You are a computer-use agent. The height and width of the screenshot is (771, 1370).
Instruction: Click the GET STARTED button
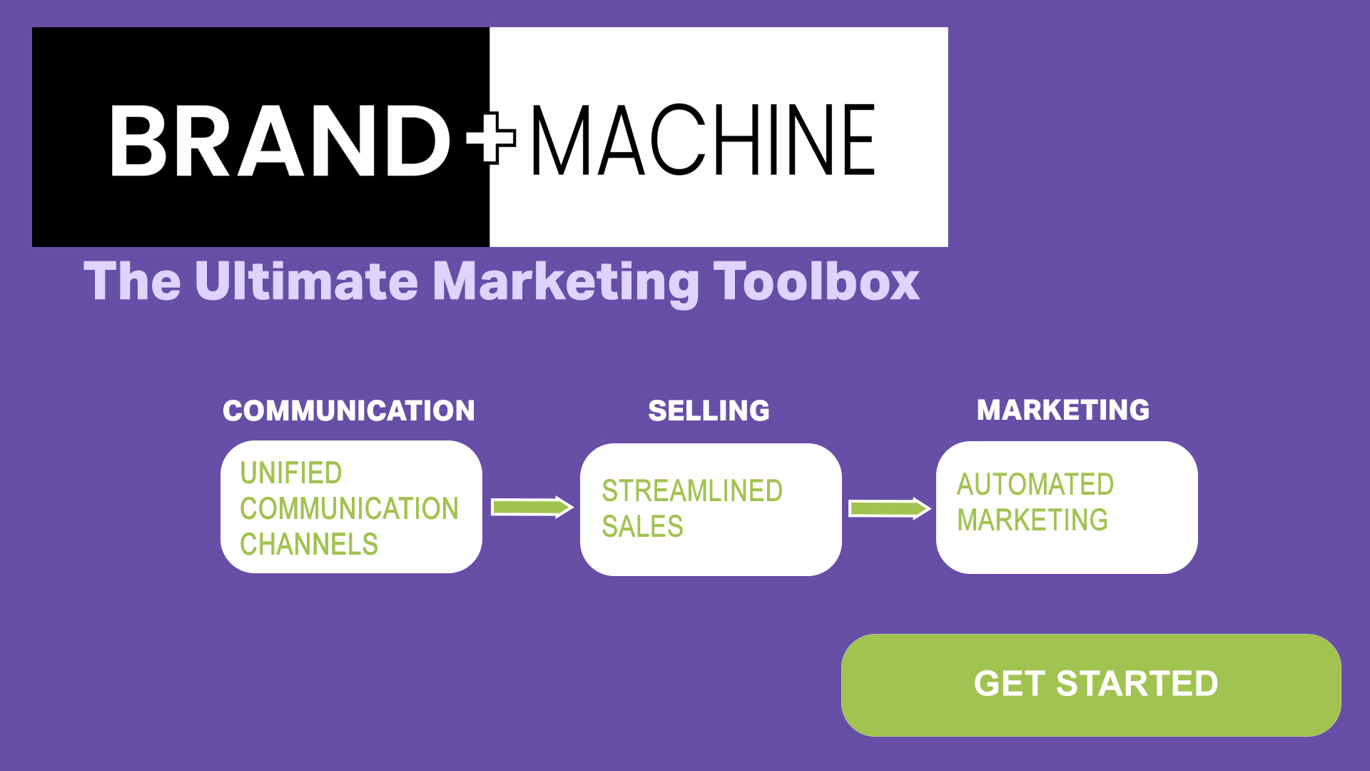(1091, 685)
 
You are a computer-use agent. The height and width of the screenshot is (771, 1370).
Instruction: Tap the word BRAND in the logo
(280, 141)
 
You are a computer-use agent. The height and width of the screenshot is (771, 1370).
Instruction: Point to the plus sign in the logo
(491, 138)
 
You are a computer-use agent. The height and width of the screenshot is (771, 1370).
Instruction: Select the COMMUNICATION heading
(349, 410)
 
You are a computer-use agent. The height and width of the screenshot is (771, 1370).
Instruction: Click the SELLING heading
(709, 410)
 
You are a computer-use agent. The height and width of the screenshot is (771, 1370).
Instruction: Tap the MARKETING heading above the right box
(1063, 410)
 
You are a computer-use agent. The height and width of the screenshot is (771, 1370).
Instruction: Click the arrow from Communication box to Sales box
(532, 507)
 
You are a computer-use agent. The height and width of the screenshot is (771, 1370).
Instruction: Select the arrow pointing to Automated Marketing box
(890, 508)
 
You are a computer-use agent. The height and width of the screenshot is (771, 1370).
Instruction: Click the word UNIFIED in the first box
(291, 473)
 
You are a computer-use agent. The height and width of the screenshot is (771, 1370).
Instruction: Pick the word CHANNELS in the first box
(309, 544)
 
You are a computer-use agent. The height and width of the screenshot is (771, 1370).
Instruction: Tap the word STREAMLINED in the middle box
(692, 490)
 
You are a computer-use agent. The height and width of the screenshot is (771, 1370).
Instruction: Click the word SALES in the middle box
(642, 526)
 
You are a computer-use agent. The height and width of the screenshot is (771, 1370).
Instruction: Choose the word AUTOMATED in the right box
(1035, 484)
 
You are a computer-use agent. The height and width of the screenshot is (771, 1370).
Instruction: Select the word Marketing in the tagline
(566, 283)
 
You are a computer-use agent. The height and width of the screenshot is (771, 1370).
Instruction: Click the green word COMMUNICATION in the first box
(349, 508)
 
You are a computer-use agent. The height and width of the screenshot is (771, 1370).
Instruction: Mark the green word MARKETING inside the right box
(1032, 520)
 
